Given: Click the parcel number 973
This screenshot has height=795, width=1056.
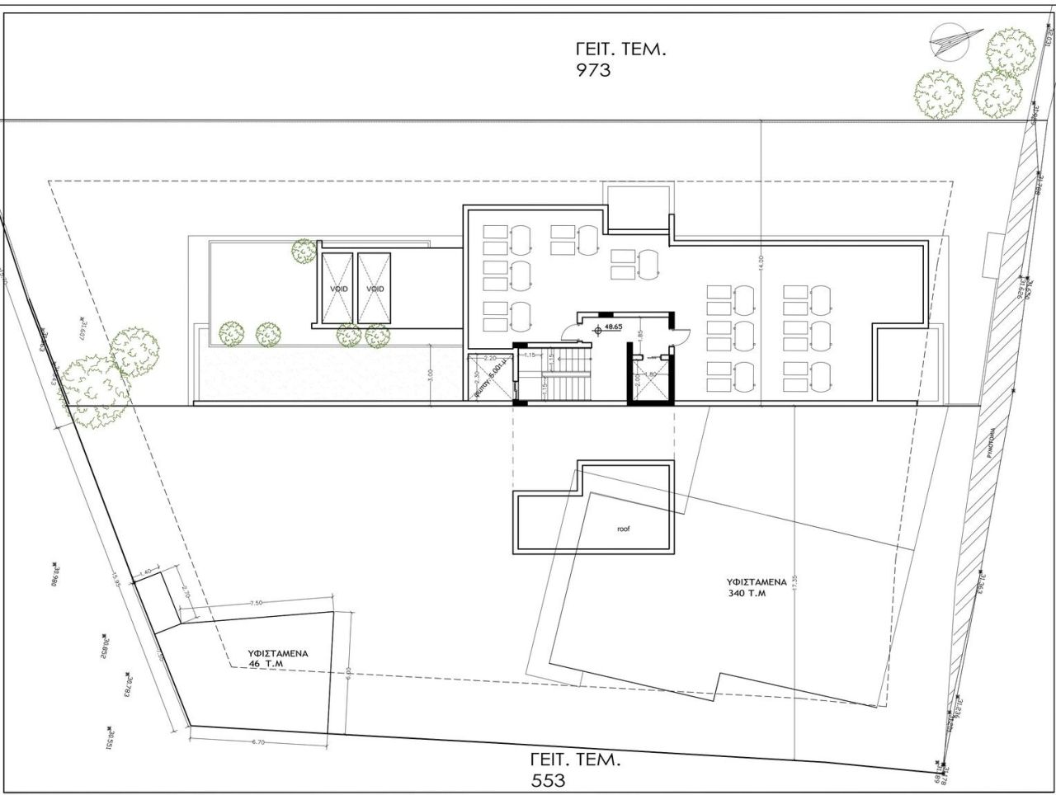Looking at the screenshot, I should [593, 70].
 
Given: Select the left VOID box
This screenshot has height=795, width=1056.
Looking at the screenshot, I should [337, 288].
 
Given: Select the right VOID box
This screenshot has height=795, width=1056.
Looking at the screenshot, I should [375, 288].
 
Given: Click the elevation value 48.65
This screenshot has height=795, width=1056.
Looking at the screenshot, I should [613, 327].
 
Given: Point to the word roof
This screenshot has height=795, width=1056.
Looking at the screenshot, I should [623, 529].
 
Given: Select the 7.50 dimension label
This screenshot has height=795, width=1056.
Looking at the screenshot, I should [256, 603].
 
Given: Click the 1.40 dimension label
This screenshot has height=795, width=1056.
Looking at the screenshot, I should [145, 572].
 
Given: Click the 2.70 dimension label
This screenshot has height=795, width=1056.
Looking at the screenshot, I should [186, 593].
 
